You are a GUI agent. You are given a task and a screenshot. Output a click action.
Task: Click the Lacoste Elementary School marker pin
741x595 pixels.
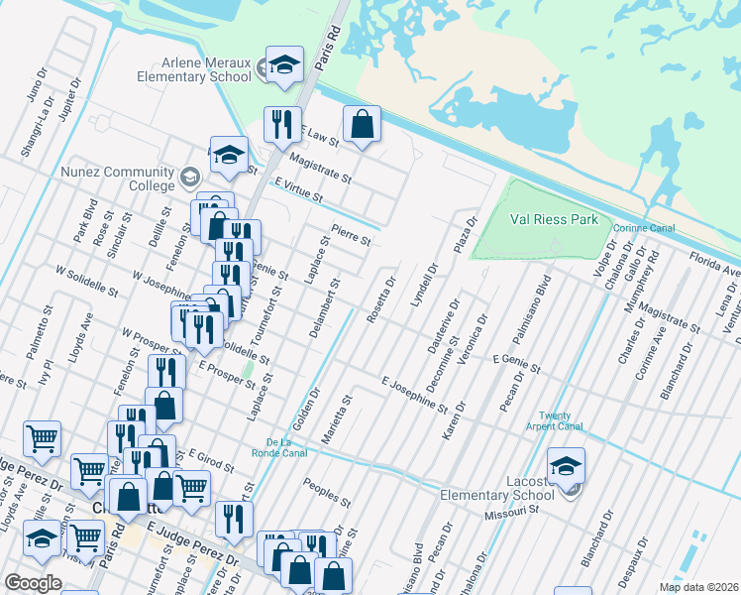(x=566, y=466)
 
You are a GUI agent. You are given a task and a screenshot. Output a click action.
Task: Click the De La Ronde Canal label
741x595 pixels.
(x=286, y=447)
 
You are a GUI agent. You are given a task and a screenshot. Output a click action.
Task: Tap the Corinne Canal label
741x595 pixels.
(x=644, y=228)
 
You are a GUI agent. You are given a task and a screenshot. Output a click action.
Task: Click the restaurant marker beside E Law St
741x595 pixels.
(x=282, y=124)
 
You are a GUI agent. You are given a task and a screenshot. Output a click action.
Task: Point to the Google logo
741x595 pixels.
(x=33, y=582)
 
